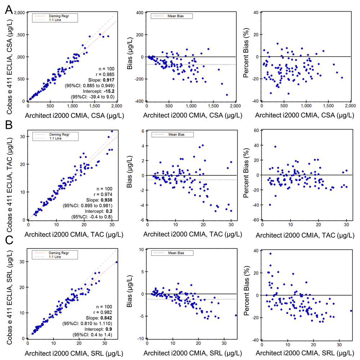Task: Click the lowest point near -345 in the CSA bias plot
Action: [227, 95]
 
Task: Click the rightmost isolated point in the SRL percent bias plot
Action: [351, 311]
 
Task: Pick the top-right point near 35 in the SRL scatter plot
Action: [116, 262]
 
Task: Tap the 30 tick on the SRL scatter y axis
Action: [22, 262]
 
